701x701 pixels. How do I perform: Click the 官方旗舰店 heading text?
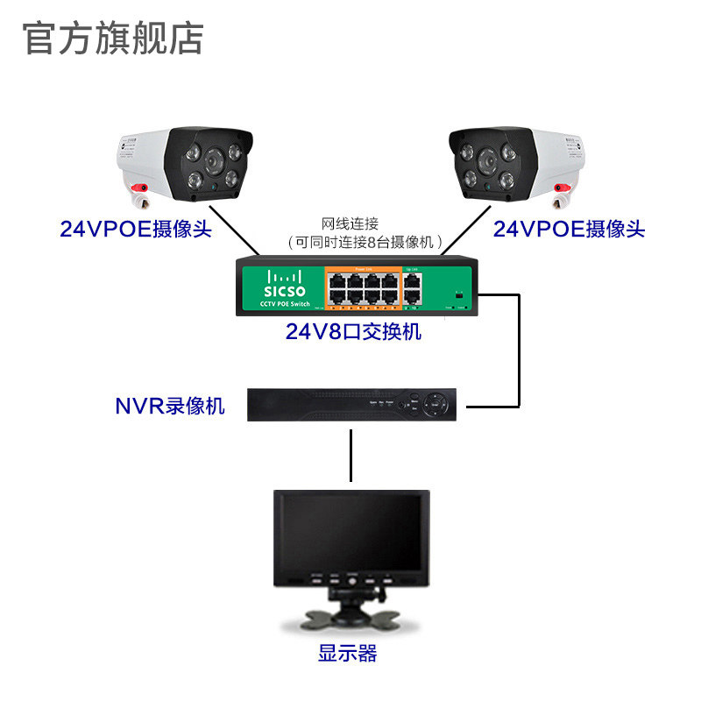(x=113, y=38)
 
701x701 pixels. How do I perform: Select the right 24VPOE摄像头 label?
(x=569, y=230)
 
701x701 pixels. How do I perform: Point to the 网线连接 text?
(x=354, y=223)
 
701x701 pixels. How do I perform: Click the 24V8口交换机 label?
(x=353, y=332)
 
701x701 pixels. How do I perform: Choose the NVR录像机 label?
(x=170, y=407)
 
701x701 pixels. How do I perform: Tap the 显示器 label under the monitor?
(x=348, y=653)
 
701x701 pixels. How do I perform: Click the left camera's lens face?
(x=210, y=164)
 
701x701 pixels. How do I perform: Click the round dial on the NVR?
(x=435, y=405)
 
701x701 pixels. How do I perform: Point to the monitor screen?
(x=351, y=533)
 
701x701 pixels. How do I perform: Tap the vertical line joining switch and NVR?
(x=520, y=350)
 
